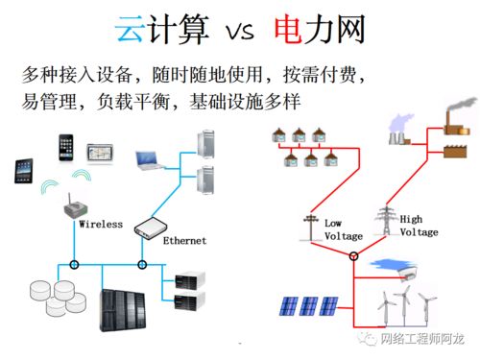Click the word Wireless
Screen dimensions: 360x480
[x=101, y=224]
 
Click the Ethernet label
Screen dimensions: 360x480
[x=184, y=239]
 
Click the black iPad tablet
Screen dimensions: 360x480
[x=25, y=171]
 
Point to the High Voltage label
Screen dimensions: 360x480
[x=419, y=226]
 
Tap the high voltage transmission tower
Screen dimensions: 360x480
[x=386, y=219]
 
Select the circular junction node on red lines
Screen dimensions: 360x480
[x=352, y=255]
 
